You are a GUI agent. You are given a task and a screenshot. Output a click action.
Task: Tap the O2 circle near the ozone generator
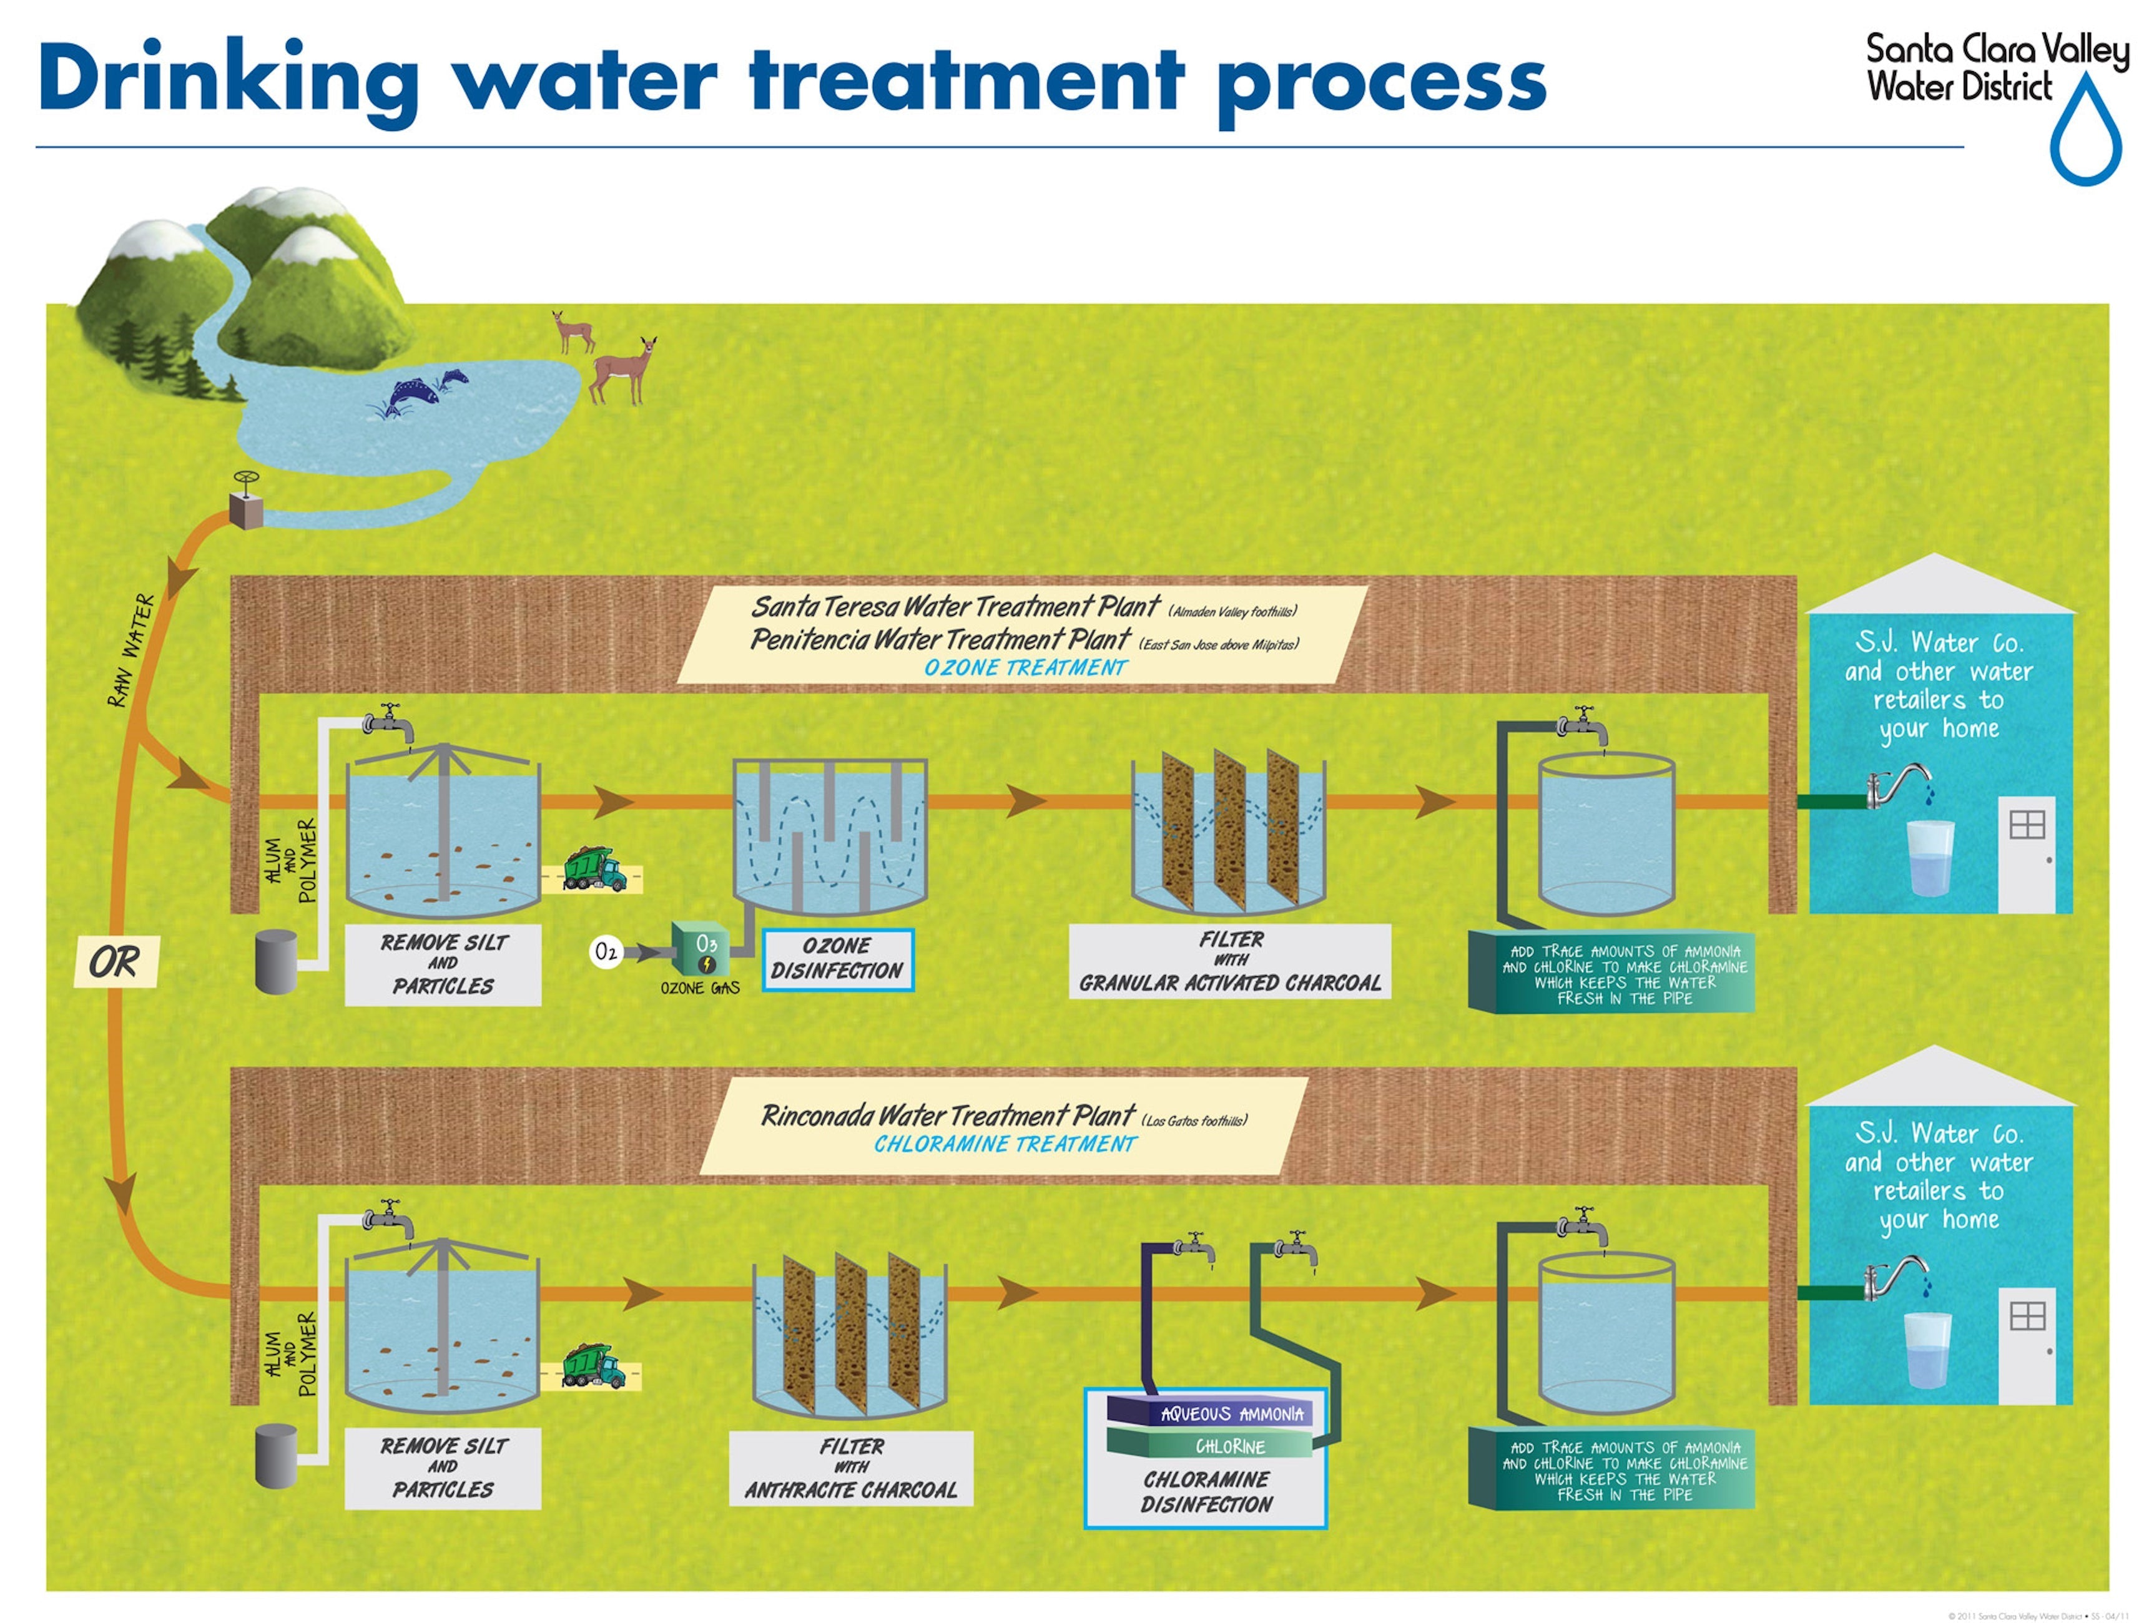[605, 950]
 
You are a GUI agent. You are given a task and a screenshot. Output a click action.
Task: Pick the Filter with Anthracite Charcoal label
[850, 1467]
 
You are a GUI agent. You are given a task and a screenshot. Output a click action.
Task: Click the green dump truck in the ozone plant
[594, 868]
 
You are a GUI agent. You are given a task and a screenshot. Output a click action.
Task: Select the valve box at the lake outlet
[245, 508]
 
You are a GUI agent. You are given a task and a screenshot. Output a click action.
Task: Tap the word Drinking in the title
[229, 80]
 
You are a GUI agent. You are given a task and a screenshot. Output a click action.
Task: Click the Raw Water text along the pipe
[132, 650]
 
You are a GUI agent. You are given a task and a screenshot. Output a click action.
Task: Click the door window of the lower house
[2027, 1317]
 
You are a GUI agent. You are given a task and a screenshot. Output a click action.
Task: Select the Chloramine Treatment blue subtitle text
[1004, 1144]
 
